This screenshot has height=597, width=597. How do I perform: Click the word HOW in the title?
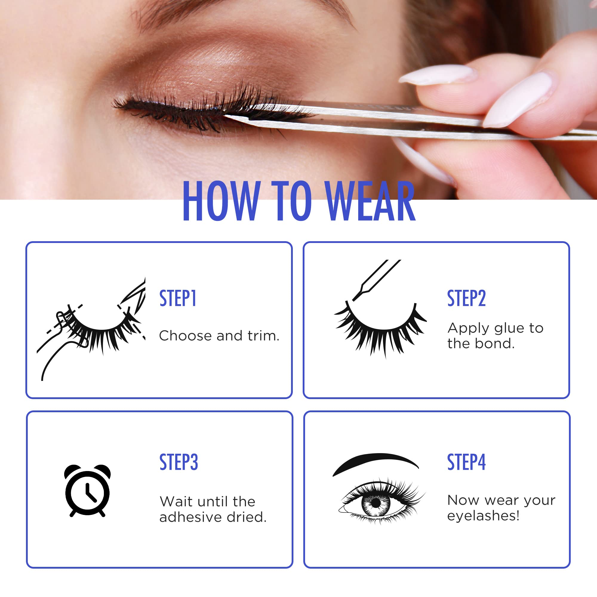(220, 201)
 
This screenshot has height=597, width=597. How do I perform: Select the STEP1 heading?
(178, 298)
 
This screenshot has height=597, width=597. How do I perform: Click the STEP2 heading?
(466, 298)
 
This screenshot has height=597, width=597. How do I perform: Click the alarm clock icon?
(87, 490)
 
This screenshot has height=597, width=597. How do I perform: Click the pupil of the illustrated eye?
(376, 503)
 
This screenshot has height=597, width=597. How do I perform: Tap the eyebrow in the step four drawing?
(376, 462)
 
